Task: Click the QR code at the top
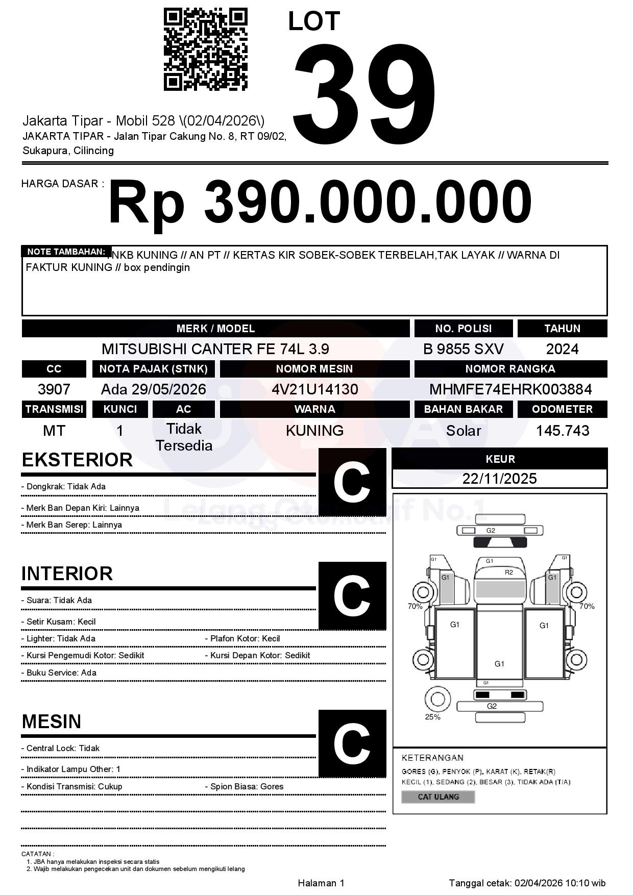coord(206,49)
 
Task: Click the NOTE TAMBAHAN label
coord(66,252)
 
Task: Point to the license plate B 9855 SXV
coord(463,349)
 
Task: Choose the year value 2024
coord(562,349)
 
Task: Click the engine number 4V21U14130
coord(314,389)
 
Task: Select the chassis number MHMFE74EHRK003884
coord(510,389)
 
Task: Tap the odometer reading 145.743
coord(562,431)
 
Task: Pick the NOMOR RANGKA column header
coord(510,369)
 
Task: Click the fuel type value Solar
coord(463,431)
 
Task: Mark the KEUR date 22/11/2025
coord(499,479)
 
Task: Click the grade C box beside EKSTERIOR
coord(352,482)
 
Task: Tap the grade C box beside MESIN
coord(352,743)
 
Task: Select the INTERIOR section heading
coord(67,574)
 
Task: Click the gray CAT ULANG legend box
coord(438,797)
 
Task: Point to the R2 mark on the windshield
coord(508,573)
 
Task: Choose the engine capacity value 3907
coord(54,389)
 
